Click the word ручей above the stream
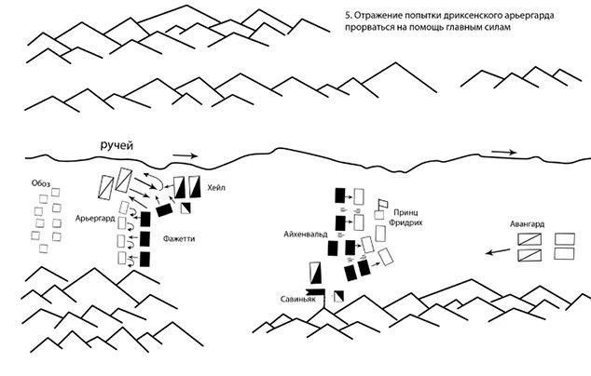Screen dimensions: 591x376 (117, 145)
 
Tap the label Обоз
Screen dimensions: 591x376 (41, 183)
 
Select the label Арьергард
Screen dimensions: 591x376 (95, 219)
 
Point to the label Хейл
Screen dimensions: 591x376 (216, 187)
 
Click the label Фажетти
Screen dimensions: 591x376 (179, 238)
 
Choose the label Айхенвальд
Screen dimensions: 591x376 (306, 235)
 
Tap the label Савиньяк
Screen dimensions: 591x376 (298, 300)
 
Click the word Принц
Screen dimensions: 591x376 (405, 212)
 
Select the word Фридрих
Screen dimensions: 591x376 (405, 222)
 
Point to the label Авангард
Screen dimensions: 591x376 (527, 224)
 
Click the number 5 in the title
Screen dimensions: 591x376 (348, 16)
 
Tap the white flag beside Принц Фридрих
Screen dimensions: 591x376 (382, 204)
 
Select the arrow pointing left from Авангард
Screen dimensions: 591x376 (498, 251)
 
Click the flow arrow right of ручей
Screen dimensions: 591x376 (186, 155)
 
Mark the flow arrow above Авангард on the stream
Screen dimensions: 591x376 (504, 152)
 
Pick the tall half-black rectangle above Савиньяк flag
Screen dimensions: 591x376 (315, 273)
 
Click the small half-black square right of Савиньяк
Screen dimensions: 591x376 (338, 296)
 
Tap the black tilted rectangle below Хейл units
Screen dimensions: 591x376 (164, 210)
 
